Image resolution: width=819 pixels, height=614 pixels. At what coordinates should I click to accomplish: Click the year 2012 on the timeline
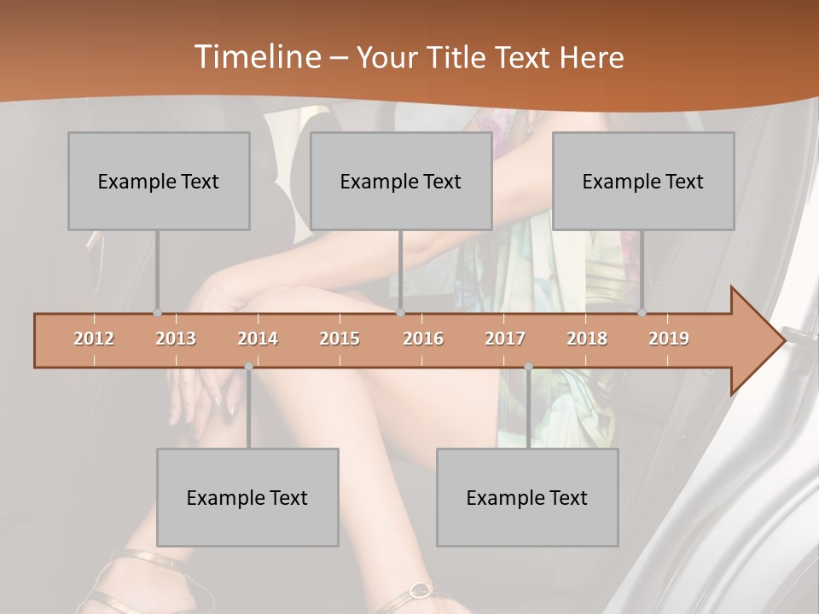(x=94, y=339)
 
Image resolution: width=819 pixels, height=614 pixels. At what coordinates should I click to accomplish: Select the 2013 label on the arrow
(x=176, y=339)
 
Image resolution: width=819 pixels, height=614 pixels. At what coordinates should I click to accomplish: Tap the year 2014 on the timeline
(x=258, y=339)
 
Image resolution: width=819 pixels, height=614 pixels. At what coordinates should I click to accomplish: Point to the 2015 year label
(x=340, y=339)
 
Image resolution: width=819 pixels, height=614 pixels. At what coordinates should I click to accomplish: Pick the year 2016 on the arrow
(x=423, y=339)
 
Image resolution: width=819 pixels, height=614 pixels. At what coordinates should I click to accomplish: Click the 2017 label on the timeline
(x=505, y=339)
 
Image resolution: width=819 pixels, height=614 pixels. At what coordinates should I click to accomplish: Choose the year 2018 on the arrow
(x=587, y=339)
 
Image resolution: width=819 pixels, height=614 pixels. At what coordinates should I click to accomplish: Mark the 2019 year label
(x=669, y=339)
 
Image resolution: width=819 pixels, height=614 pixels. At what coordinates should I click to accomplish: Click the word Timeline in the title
(x=256, y=57)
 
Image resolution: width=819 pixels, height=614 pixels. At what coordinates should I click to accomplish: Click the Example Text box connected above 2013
(x=159, y=181)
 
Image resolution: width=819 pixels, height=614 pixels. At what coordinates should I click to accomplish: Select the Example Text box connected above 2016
(x=401, y=181)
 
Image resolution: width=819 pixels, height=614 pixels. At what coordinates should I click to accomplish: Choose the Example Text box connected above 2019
(x=643, y=181)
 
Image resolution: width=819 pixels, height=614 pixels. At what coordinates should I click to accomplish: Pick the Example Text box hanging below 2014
(x=247, y=497)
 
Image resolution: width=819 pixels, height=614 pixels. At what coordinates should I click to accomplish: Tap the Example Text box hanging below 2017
(x=527, y=497)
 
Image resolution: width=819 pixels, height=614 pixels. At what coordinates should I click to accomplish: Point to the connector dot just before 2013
(x=157, y=313)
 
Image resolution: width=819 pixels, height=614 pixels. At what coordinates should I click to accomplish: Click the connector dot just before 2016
(x=401, y=313)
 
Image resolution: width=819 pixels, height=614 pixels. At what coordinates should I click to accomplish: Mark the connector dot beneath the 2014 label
(x=248, y=367)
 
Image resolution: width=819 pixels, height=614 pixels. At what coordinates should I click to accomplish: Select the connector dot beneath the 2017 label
(x=528, y=367)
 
